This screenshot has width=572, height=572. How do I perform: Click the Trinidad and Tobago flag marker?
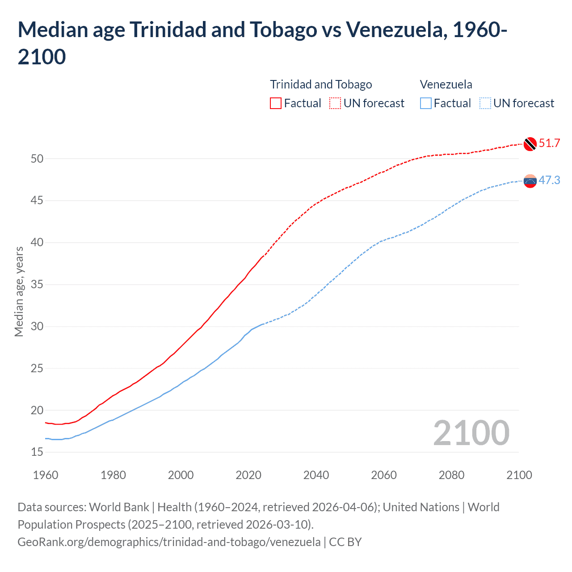point(530,144)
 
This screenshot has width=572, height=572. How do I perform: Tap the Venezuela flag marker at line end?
point(530,181)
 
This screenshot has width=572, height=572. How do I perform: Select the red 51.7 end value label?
point(549,143)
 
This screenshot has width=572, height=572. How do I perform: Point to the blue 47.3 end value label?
point(549,180)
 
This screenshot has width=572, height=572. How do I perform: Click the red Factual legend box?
point(276,103)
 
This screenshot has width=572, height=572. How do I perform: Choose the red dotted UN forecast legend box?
point(335,103)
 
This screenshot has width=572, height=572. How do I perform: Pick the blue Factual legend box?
point(426,103)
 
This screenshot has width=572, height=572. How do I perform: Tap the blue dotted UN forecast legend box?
point(485,103)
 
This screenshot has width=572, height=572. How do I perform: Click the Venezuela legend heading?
point(446,84)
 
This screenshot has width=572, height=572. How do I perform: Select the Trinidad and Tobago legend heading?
point(321,84)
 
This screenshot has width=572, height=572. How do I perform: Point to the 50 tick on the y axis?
point(37,159)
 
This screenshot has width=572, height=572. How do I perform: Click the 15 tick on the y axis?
point(37,452)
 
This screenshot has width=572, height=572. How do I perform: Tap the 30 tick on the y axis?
point(37,327)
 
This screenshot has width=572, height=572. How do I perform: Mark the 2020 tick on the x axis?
point(248,475)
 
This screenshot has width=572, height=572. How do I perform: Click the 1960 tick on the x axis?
point(46,475)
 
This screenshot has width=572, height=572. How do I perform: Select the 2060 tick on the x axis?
point(384,475)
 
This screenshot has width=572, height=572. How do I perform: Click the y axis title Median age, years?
point(19,291)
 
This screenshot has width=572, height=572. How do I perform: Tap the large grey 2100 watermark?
point(471,433)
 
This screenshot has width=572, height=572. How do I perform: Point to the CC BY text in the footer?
point(345,542)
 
